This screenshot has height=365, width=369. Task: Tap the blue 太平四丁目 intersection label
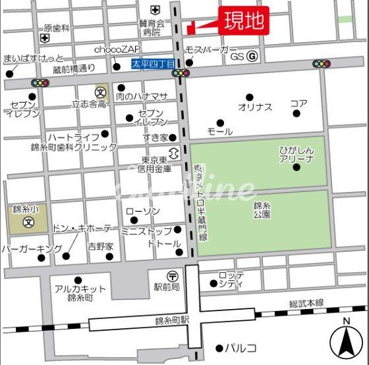tap(153, 64)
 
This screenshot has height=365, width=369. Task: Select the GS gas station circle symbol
tap(252, 57)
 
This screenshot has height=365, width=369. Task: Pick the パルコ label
tap(241, 348)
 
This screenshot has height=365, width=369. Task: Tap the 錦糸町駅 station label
tap(173, 320)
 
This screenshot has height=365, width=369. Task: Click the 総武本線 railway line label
tap(306, 302)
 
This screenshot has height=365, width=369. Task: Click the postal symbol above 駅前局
tap(171, 276)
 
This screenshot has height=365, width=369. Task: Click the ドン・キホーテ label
tap(82, 228)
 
